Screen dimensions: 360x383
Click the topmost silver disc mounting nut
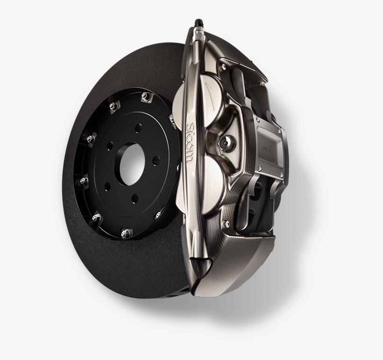145,97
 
